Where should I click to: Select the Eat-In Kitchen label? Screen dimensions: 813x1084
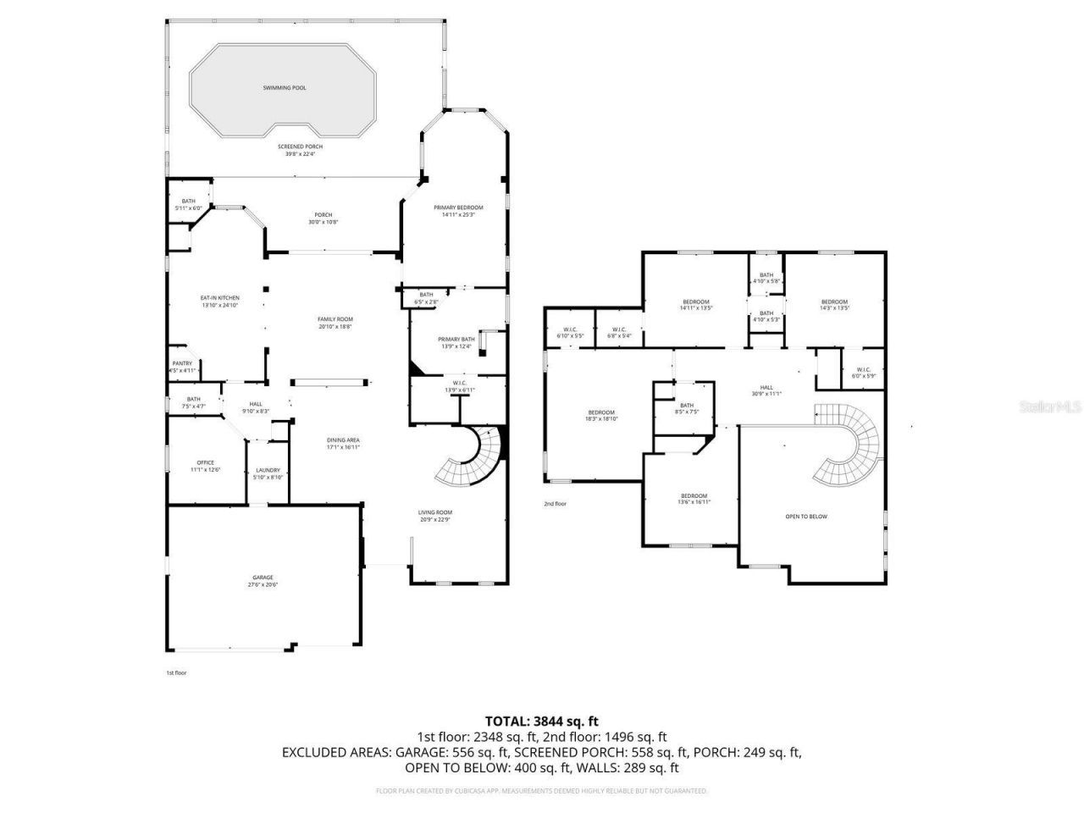click(x=219, y=301)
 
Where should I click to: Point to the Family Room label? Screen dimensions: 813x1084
click(x=335, y=323)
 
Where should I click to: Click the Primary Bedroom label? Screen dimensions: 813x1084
click(x=458, y=211)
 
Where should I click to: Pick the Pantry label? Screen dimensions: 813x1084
click(x=183, y=367)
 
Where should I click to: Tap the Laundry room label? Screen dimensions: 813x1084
click(x=268, y=473)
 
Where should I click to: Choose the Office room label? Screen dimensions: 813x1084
click(x=205, y=466)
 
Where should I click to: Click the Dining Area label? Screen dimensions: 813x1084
click(x=344, y=443)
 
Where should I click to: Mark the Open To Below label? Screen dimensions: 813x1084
click(x=806, y=517)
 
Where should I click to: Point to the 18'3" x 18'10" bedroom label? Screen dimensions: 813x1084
click(x=601, y=415)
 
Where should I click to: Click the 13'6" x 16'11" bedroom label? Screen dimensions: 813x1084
click(x=694, y=499)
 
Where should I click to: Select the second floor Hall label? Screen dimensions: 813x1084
click(x=766, y=390)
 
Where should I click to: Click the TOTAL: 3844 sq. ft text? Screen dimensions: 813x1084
click(x=541, y=722)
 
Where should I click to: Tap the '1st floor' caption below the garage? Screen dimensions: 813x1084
click(x=175, y=672)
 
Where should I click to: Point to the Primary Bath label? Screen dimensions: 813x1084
click(x=456, y=342)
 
